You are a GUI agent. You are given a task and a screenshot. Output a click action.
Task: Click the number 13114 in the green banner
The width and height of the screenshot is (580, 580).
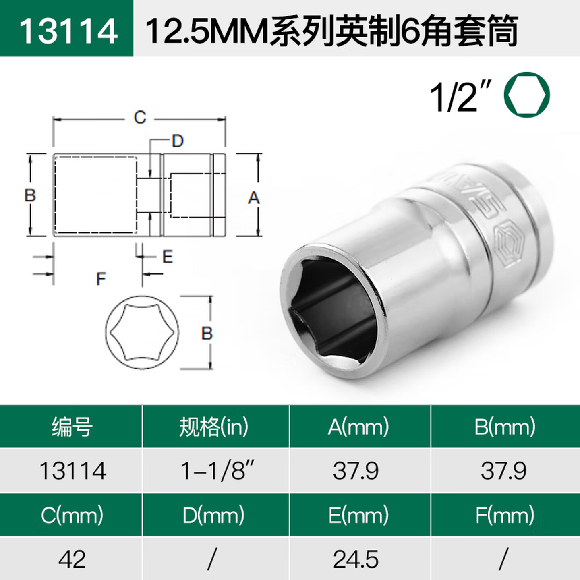[68, 31]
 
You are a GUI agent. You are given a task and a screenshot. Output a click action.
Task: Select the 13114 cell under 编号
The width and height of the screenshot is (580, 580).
[72, 470]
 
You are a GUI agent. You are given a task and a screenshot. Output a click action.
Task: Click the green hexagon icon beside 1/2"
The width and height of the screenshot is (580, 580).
[526, 95]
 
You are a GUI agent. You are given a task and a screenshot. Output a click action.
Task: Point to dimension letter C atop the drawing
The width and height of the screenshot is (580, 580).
[140, 118]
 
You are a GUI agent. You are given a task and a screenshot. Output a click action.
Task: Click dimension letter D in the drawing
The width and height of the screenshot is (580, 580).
[178, 141]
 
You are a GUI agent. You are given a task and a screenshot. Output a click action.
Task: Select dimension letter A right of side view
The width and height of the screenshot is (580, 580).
[253, 198]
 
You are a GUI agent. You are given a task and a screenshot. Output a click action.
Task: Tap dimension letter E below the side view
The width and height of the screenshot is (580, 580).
[168, 257]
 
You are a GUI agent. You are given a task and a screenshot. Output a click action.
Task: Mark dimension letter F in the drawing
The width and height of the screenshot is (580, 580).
[101, 279]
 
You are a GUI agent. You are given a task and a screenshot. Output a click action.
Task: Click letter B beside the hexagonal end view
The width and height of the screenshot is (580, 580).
[207, 333]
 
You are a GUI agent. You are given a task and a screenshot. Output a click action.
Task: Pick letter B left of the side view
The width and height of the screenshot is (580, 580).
[30, 195]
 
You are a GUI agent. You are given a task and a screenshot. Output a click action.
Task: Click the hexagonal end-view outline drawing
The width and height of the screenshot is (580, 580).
[142, 332]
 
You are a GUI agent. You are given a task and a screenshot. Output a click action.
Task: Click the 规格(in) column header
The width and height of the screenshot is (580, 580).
[214, 427]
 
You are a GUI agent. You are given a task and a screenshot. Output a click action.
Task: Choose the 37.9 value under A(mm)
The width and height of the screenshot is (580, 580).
[356, 470]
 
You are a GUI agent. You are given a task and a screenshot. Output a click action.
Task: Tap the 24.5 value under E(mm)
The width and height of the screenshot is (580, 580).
[356, 559]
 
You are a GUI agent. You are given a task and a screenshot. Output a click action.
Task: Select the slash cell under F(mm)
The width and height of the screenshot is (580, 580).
[503, 559]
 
